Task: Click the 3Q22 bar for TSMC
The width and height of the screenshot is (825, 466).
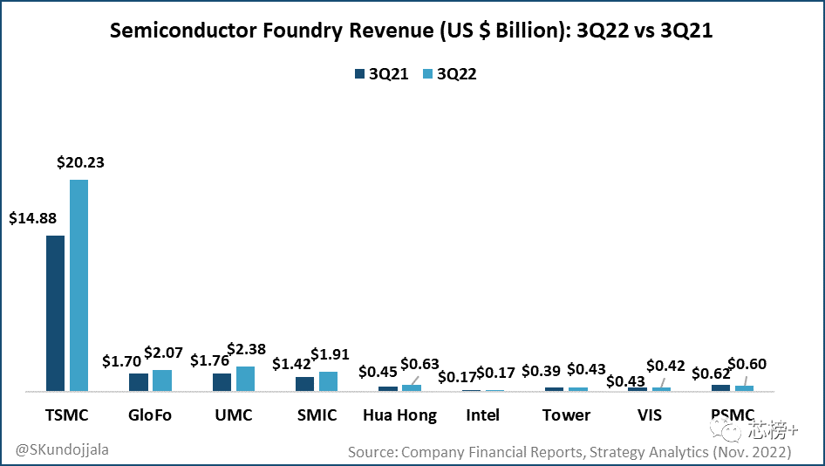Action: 79,285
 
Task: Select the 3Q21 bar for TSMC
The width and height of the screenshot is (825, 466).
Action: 55,313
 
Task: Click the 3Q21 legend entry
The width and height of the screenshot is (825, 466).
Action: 381,74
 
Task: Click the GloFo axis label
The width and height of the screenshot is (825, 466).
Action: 151,415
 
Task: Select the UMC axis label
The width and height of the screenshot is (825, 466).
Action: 233,415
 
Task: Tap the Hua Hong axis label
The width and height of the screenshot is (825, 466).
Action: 399,415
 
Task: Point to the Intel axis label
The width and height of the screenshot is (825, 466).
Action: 482,415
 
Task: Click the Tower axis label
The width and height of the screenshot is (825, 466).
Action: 566,415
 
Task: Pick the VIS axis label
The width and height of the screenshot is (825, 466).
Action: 649,415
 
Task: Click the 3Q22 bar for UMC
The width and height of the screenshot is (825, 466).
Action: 245,379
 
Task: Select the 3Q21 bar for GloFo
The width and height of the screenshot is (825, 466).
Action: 139,382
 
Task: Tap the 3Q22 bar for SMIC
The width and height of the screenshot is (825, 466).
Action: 328,381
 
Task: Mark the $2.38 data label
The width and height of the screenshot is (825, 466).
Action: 245,349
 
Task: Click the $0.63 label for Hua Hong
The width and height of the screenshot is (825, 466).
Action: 419,364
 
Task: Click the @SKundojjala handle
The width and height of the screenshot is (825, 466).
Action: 62,449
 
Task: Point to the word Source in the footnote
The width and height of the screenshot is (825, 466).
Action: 372,452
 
